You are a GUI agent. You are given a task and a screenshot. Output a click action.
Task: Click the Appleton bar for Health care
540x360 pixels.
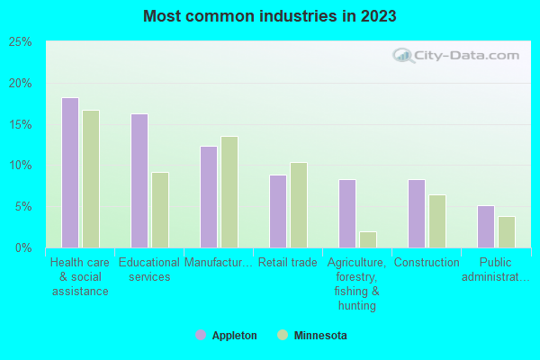pos(70,173)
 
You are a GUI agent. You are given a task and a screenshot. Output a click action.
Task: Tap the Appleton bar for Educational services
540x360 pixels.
pos(139,181)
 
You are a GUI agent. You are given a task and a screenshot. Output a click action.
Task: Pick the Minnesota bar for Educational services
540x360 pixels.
pos(160,210)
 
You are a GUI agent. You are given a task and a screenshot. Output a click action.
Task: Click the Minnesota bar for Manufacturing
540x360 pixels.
pos(229,192)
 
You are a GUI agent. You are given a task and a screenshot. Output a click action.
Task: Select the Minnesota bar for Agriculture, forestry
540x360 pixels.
pos(368,239)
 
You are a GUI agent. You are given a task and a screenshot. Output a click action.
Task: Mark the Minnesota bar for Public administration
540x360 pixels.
pos(507,232)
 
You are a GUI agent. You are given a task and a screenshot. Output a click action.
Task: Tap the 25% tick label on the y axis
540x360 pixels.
pos(21,42)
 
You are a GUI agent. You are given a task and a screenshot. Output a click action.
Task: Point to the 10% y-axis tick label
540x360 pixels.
pos(21,166)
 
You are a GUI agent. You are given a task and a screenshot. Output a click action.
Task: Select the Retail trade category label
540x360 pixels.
pos(288,263)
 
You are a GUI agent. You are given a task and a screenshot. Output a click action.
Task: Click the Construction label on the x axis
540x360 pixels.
pos(427,263)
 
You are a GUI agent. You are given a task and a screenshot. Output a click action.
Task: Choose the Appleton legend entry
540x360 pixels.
pos(226,336)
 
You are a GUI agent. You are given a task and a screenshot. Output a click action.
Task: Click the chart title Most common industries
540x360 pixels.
pos(269,16)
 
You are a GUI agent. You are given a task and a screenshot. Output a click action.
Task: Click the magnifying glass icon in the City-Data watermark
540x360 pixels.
pos(403,56)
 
